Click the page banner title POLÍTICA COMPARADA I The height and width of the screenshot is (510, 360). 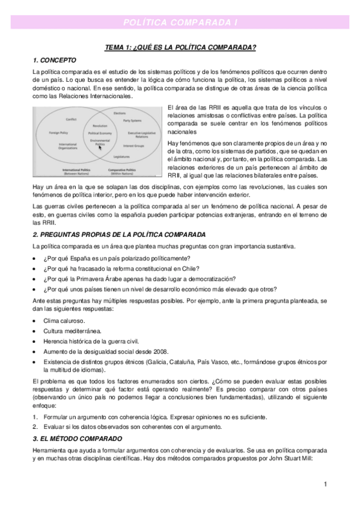click(x=180, y=22)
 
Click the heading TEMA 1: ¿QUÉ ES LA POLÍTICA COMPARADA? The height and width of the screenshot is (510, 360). click(x=180, y=48)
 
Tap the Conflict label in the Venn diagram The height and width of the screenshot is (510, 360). click(x=70, y=119)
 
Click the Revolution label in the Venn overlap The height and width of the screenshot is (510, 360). click(x=100, y=126)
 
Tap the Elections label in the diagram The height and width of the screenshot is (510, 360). click(x=119, y=113)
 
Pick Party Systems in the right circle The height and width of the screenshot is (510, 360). click(x=132, y=121)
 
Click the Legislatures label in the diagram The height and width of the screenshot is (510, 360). click(x=121, y=156)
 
